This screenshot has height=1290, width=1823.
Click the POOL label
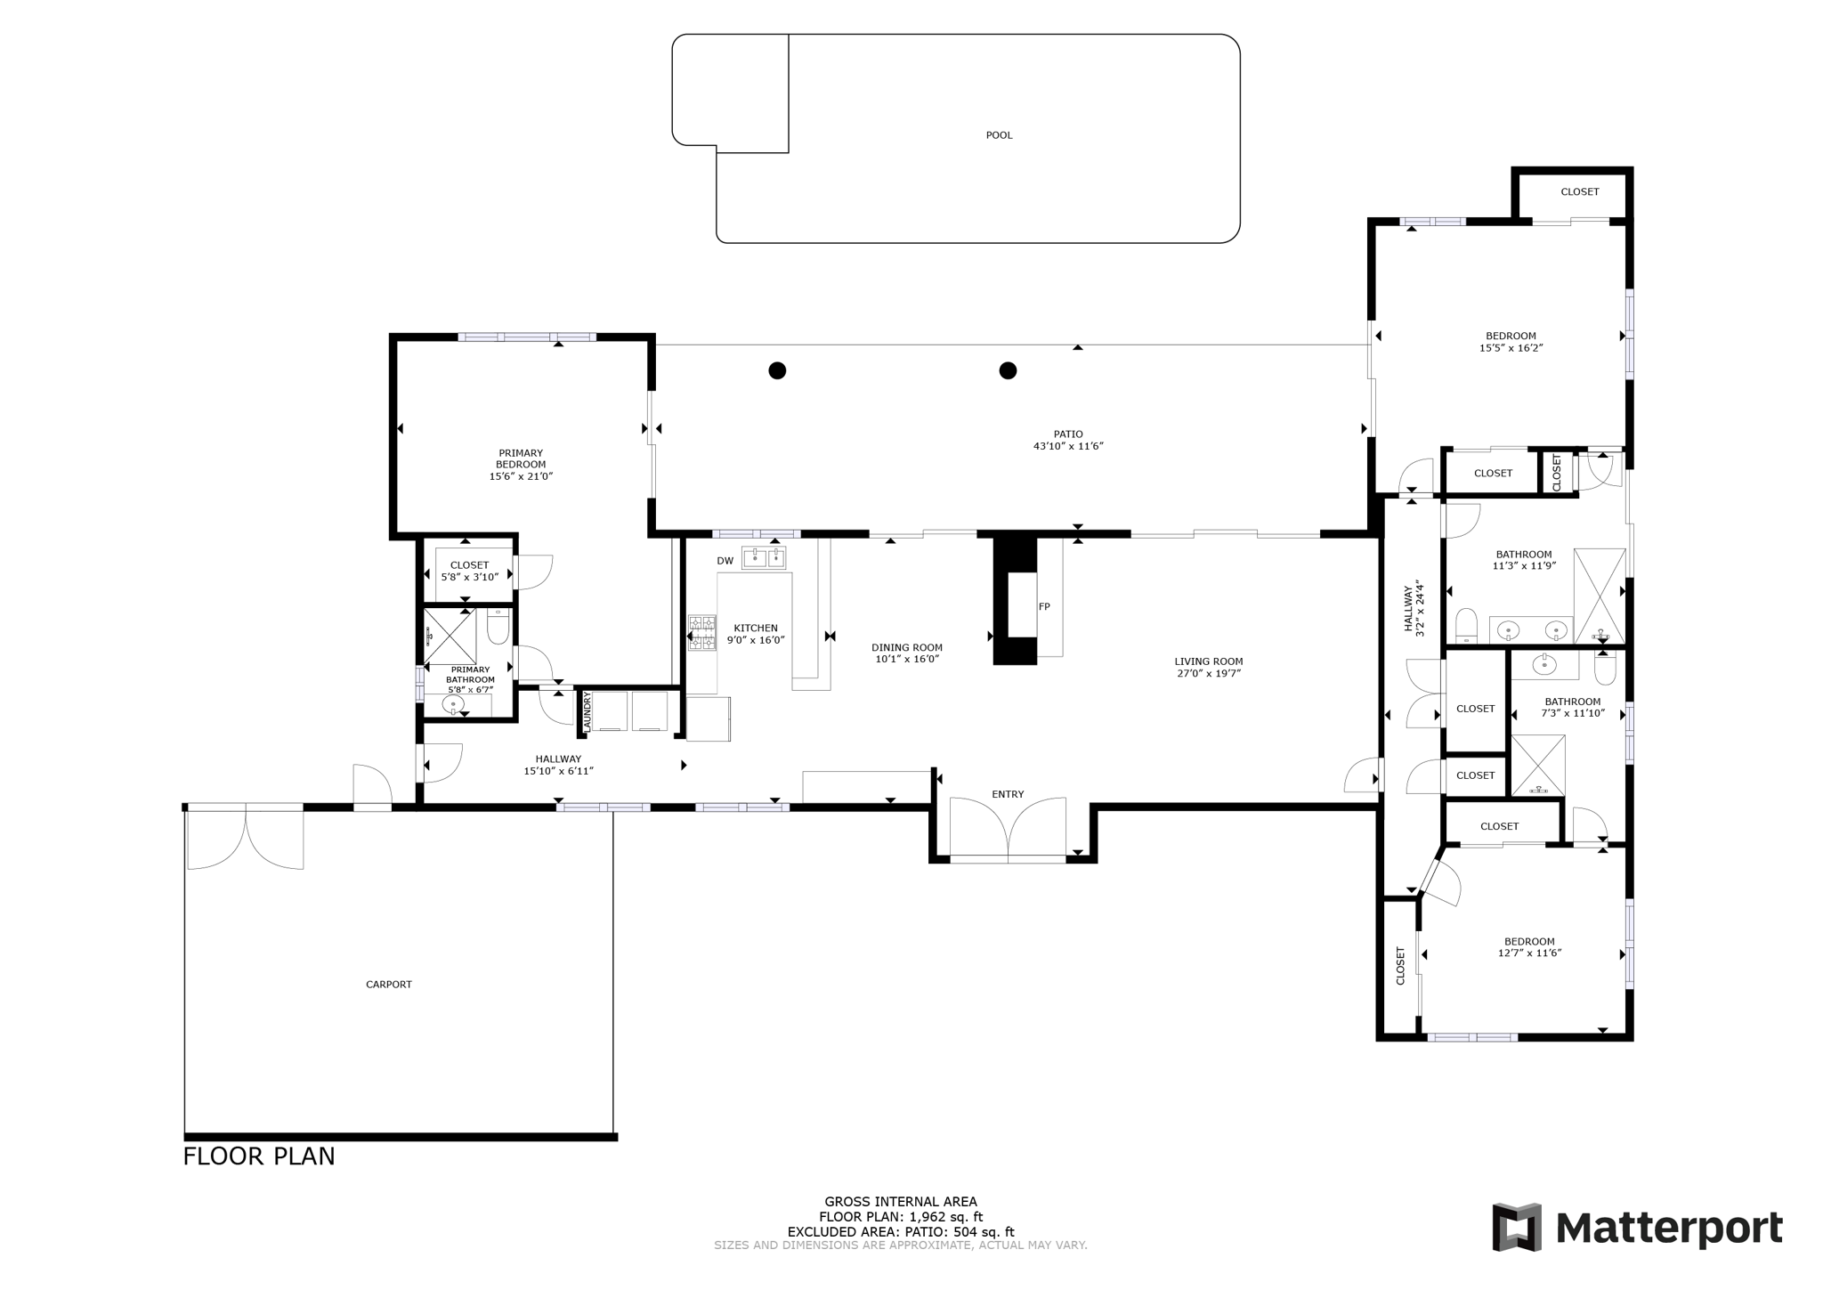999,135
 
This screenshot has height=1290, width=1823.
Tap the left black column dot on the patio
777,370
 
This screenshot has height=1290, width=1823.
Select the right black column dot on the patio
1008,370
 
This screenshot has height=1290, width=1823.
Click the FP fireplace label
1044,606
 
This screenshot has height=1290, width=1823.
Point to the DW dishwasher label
725,561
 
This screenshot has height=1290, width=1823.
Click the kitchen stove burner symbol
701,632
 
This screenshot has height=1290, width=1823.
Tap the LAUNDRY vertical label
587,712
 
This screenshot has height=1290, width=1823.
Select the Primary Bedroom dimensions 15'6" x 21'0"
521,476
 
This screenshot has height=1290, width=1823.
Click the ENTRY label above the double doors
1008,794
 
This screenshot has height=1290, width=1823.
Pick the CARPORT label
389,985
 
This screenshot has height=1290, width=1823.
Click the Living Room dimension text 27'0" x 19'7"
1208,673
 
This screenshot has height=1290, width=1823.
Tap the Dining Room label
906,647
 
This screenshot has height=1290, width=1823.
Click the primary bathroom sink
454,706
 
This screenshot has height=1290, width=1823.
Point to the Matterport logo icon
1516,1227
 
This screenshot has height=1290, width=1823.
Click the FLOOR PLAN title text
259,1156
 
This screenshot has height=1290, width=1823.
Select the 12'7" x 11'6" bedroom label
1529,953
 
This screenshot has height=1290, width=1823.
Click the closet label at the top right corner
1580,191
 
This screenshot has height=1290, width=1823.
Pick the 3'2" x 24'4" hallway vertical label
1414,609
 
